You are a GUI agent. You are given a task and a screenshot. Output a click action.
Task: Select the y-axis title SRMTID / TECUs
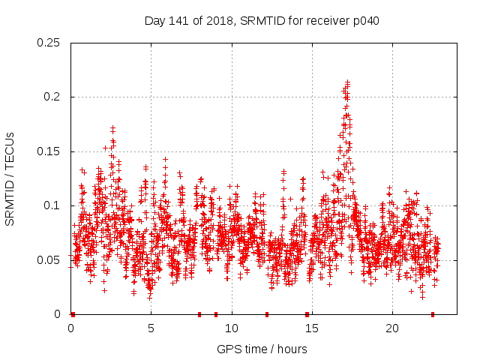point(10,178)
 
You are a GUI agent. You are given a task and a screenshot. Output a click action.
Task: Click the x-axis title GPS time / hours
point(262,349)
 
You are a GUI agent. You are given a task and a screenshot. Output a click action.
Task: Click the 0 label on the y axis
point(59,314)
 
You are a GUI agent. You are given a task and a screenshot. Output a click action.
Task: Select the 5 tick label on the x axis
point(151,328)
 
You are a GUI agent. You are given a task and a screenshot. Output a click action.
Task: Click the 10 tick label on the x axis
point(232,328)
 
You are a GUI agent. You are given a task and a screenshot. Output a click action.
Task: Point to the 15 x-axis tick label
point(312,328)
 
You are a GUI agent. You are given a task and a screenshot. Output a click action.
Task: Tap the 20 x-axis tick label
point(392,328)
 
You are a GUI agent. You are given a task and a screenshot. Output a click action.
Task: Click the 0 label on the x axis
point(71,328)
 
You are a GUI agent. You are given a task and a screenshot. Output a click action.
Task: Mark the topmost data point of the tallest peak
point(347,82)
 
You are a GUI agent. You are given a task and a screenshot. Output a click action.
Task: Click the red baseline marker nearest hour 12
point(267,314)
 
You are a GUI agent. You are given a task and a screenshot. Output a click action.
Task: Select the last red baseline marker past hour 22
point(433,314)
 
